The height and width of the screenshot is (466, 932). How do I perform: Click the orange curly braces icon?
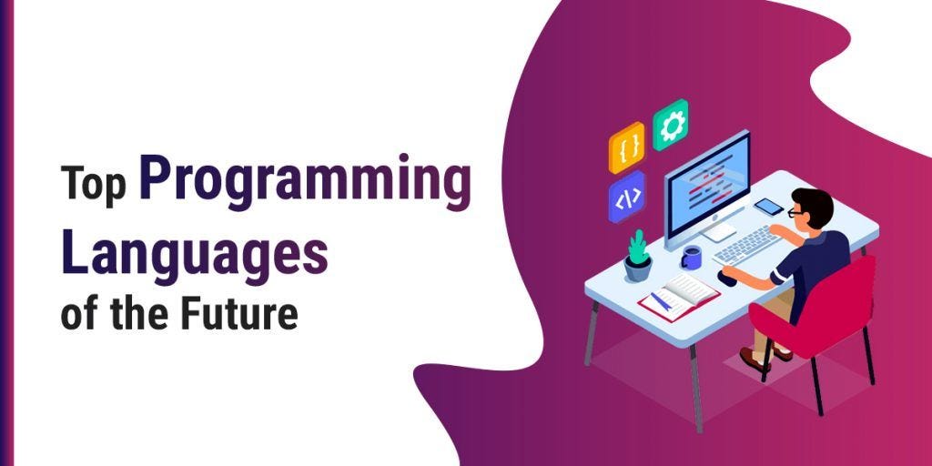(x=627, y=146)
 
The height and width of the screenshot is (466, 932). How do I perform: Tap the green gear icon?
(x=671, y=125)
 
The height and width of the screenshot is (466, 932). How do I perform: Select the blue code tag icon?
(x=627, y=197)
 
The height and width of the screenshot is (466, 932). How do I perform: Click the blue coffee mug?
(x=691, y=258)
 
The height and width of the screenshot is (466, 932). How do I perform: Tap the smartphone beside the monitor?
(x=768, y=207)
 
